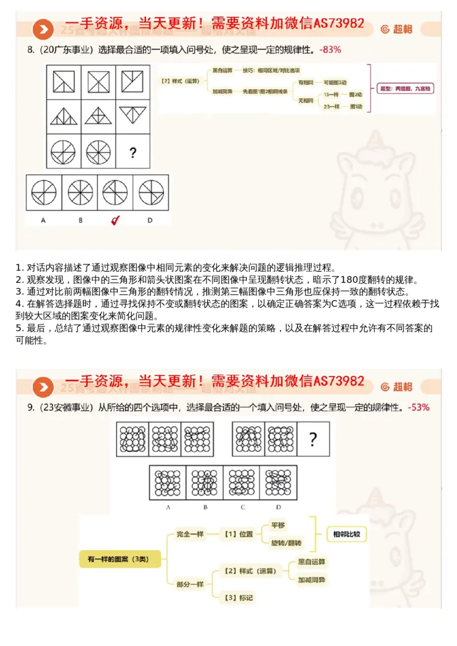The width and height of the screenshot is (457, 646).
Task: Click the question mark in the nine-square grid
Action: coord(133,153)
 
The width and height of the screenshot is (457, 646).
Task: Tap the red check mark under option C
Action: coord(115,220)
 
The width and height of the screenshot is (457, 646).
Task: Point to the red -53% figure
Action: coord(419,407)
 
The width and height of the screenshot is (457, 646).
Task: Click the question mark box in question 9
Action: coord(312,439)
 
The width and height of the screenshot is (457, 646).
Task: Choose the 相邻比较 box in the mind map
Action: coord(346,535)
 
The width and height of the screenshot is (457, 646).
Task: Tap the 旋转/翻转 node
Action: coord(286,543)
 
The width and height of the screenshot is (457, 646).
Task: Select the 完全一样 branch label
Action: coord(190,535)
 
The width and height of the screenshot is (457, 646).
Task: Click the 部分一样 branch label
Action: coord(190,584)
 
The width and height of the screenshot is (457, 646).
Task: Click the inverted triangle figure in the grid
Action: coord(133,115)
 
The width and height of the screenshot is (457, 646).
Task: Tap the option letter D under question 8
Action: coord(150,220)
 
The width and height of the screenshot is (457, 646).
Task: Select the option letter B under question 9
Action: coord(205,507)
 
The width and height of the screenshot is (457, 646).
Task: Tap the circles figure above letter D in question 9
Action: coord(278,483)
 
